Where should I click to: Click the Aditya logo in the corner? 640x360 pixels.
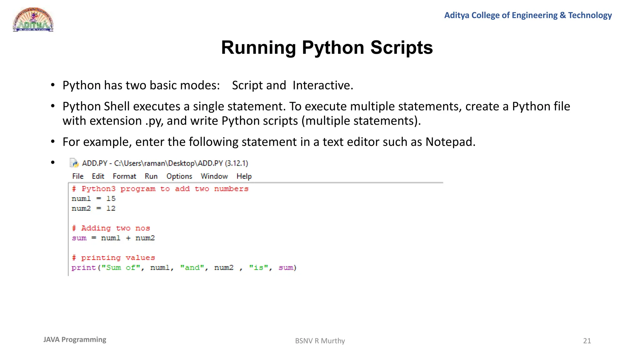pyautogui.click(x=33, y=20)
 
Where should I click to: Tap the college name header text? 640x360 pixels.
pyautogui.click(x=528, y=15)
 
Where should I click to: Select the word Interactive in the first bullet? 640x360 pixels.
pyautogui.click(x=322, y=85)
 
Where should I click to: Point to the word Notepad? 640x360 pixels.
pyautogui.click(x=450, y=142)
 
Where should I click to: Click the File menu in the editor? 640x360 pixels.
pyautogui.click(x=78, y=176)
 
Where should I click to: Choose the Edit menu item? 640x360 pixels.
pyautogui.click(x=98, y=176)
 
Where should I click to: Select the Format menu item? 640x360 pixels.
pyautogui.click(x=124, y=176)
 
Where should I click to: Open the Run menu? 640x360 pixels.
pyautogui.click(x=151, y=176)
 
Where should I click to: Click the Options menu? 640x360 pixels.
pyautogui.click(x=179, y=176)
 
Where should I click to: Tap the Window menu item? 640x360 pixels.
pyautogui.click(x=214, y=176)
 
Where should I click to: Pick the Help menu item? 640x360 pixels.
pyautogui.click(x=244, y=176)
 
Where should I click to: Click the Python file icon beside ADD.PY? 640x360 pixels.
pyautogui.click(x=74, y=163)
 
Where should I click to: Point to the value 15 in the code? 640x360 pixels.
pyautogui.click(x=111, y=198)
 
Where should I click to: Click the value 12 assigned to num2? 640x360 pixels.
pyautogui.click(x=111, y=208)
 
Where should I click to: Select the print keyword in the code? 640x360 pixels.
pyautogui.click(x=83, y=268)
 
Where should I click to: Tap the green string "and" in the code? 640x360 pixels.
pyautogui.click(x=192, y=268)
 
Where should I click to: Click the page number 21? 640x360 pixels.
pyautogui.click(x=587, y=341)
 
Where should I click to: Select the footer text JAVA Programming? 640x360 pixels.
pyautogui.click(x=75, y=340)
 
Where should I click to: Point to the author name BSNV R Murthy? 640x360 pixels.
pyautogui.click(x=320, y=341)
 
